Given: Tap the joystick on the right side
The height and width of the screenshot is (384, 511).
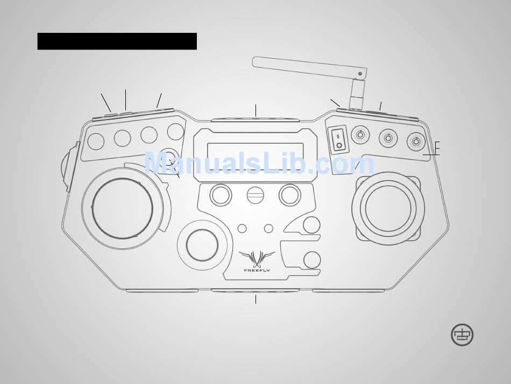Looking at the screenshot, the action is pos(388,208).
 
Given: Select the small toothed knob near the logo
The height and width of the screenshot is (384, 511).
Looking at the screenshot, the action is pos(202,245).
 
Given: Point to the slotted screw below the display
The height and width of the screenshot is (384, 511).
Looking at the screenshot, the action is pos(255,195).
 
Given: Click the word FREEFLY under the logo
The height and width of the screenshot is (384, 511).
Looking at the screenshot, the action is pos(257,270).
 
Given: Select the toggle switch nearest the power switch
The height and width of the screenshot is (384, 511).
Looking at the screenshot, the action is pos(360,135).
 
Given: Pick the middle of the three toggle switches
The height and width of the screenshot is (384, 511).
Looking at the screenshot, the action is pos(388,138).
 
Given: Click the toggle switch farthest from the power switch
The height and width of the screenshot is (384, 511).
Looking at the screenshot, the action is pos(416,142).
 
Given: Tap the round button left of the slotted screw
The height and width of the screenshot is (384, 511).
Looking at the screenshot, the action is pos(221,195).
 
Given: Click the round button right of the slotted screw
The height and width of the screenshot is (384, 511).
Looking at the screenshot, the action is pos(290,195).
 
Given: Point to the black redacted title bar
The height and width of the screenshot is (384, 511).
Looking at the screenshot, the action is pos(117,41).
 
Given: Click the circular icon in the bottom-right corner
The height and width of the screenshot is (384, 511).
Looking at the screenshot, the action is pos(462,335).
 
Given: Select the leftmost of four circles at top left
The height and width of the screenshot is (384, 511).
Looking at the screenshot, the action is pos(96,142).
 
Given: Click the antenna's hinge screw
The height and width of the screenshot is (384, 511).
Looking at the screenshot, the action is pos(360,74).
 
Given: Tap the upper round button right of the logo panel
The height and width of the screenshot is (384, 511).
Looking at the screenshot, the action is pos(311,225).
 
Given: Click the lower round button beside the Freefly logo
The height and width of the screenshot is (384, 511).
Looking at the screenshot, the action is pos(312,260).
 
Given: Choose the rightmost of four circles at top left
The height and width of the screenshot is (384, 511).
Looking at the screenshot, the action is pos(175,131).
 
